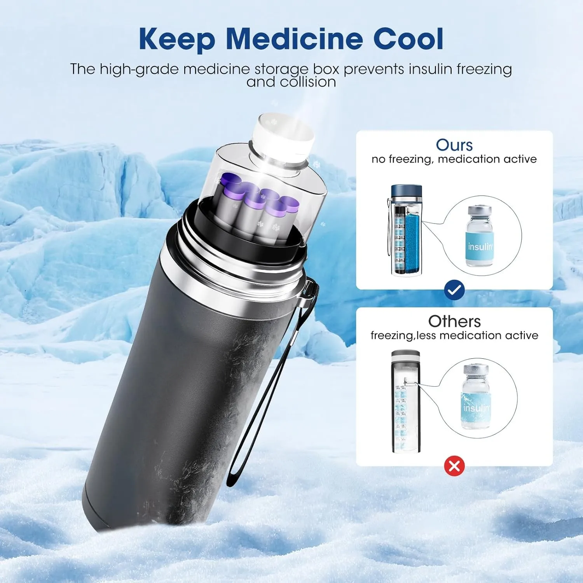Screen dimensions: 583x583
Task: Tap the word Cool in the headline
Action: pos(408,39)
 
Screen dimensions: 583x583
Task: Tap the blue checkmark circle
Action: pos(454,290)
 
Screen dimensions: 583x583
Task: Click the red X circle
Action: pos(454,466)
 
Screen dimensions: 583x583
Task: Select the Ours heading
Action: pos(454,145)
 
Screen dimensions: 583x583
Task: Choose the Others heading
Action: pos(454,321)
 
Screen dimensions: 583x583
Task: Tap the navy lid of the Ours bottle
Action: pos(406,191)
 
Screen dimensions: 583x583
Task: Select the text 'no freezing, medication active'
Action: pos(454,159)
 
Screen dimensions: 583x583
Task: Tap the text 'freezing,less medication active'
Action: pos(454,335)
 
